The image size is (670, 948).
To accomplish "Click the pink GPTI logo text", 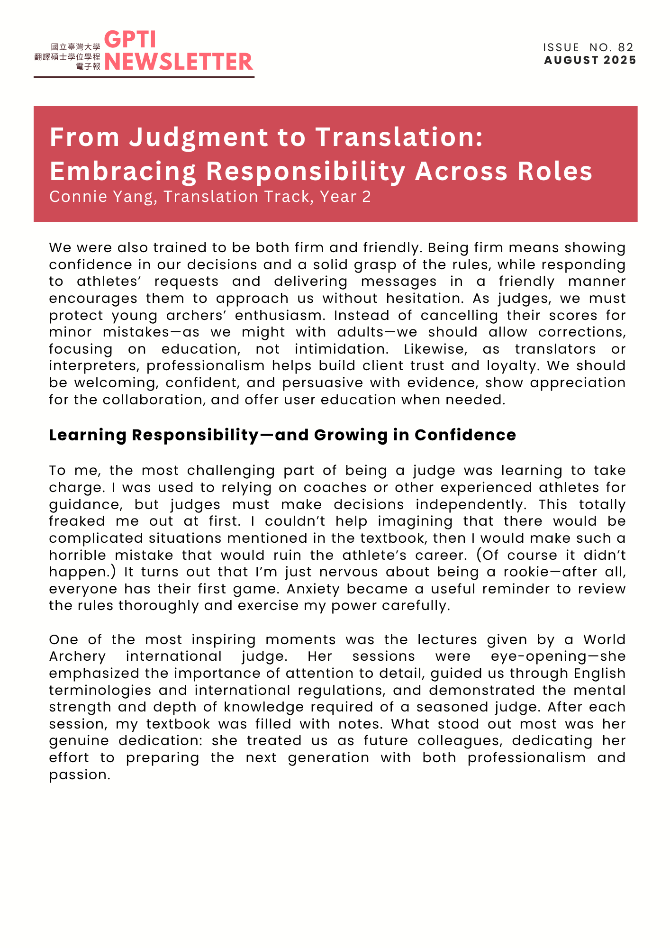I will click(x=130, y=40).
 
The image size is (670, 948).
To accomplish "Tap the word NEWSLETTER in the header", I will click(x=179, y=62).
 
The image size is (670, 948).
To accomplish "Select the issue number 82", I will click(x=625, y=47).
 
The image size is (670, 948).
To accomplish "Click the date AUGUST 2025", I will click(x=590, y=60).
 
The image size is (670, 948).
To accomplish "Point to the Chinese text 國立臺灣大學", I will click(x=76, y=47).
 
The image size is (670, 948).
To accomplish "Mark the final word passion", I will click(x=79, y=775).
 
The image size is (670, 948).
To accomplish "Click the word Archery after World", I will click(x=78, y=657).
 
